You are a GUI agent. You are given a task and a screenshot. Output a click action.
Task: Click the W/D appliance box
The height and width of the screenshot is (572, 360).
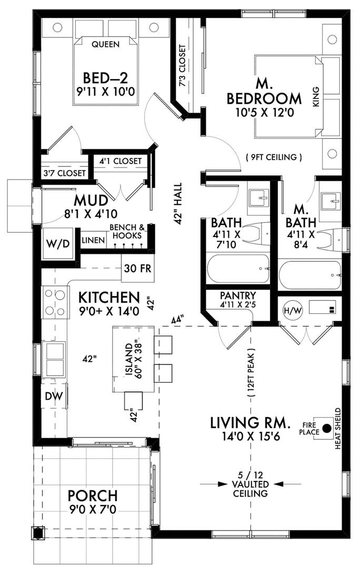[x=57, y=244]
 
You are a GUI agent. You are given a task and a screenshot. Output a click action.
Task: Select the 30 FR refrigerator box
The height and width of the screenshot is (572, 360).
[x=137, y=268]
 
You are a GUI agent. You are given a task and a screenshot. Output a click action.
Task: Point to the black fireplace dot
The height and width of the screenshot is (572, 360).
[x=327, y=428]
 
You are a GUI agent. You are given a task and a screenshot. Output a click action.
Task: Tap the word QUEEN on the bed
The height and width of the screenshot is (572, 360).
[x=105, y=44]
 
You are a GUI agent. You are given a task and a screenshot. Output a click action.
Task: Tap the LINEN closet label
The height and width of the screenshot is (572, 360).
[x=93, y=240]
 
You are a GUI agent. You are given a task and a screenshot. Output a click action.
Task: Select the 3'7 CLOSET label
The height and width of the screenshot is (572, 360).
[x=65, y=173]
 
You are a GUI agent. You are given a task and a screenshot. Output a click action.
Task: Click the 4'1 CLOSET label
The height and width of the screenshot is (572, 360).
[x=121, y=161]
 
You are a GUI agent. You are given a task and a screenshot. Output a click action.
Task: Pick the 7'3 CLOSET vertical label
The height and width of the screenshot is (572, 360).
[x=183, y=65]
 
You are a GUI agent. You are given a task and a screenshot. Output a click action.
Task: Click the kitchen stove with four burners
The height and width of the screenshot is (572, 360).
[x=55, y=302]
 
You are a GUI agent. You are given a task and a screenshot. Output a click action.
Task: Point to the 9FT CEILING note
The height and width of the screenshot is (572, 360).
[x=274, y=157]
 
